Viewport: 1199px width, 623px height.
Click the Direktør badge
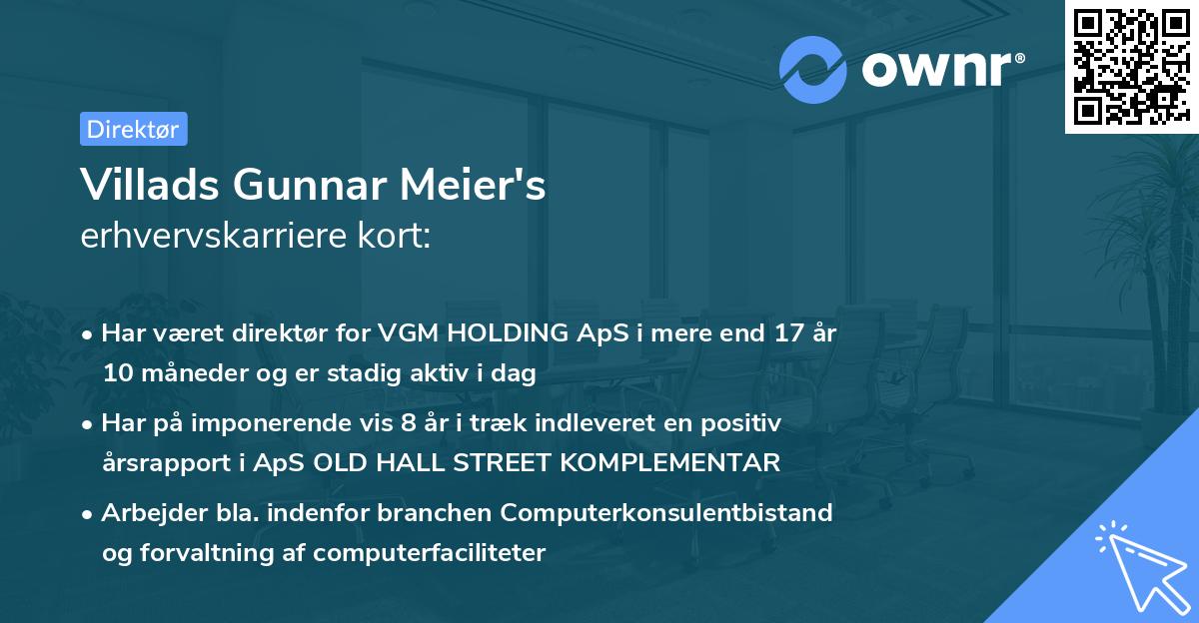pyautogui.click(x=133, y=129)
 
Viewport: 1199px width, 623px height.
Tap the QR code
pyautogui.click(x=1131, y=67)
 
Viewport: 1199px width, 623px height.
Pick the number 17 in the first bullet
pyautogui.click(x=778, y=333)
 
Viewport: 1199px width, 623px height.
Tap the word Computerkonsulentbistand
pyautogui.click(x=666, y=513)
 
